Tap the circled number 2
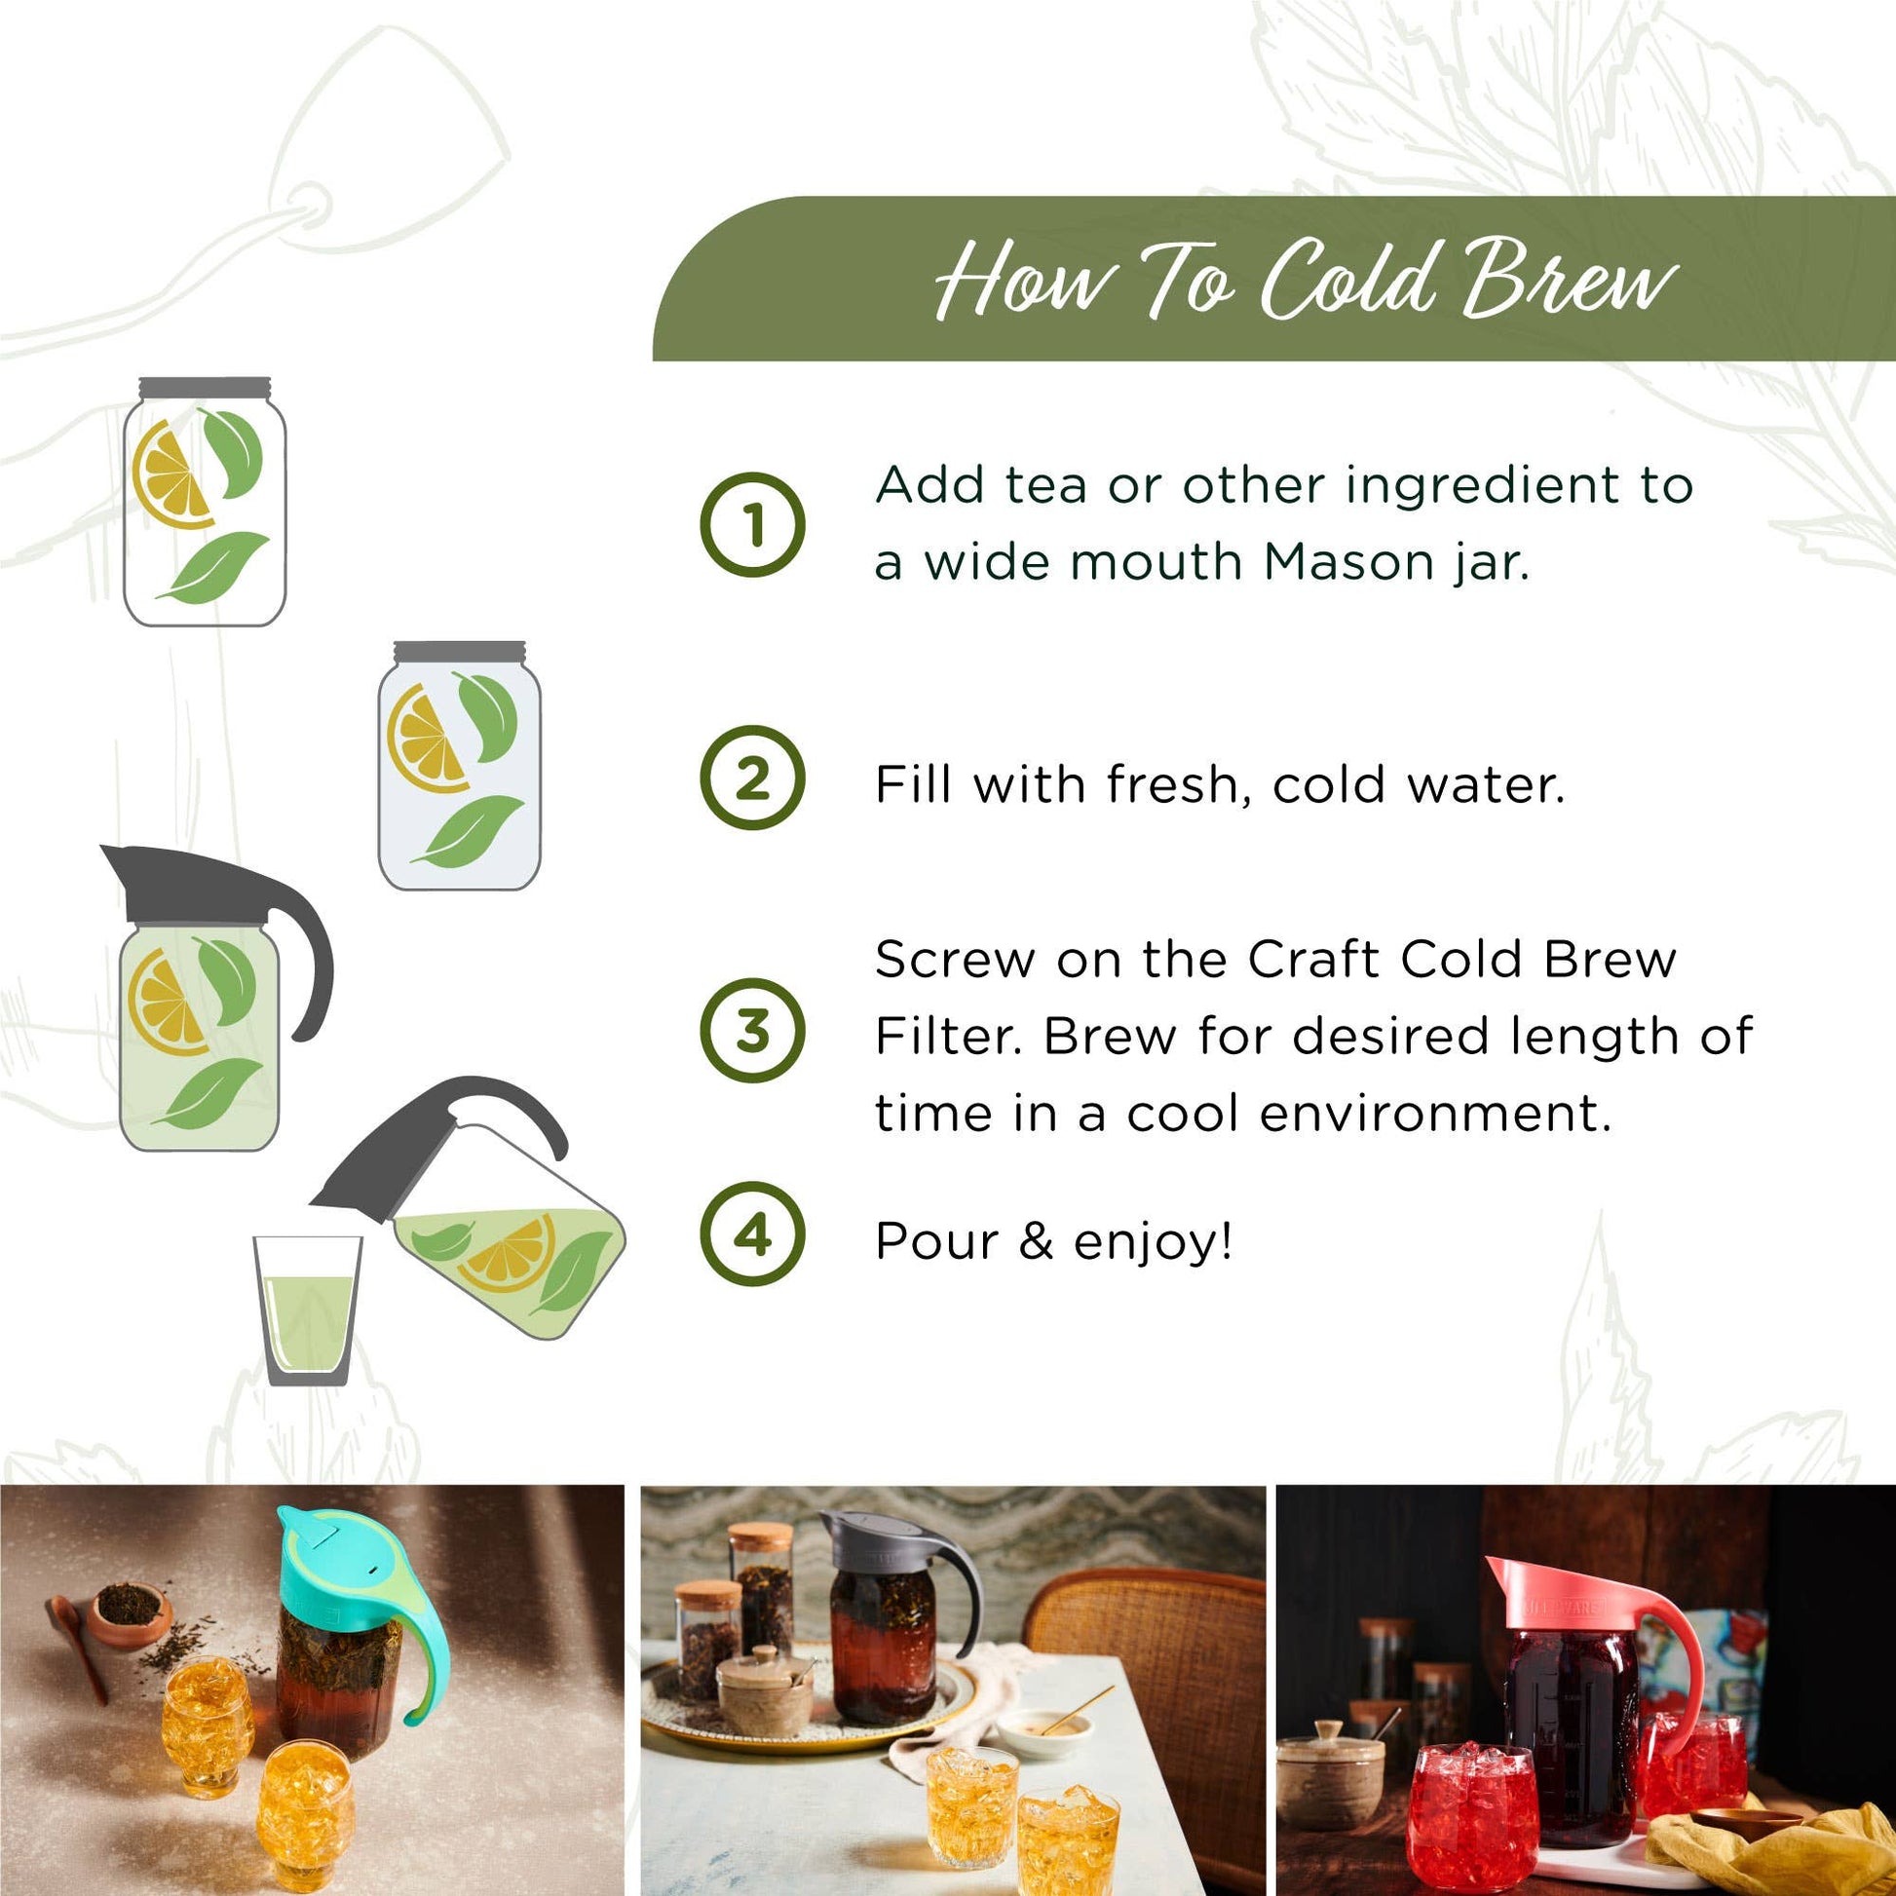click(x=753, y=779)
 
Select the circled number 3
click(x=753, y=1031)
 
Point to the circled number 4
click(x=753, y=1234)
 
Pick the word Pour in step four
click(x=937, y=1241)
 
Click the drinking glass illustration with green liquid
click(x=307, y=1310)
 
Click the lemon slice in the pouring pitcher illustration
click(x=510, y=1252)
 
